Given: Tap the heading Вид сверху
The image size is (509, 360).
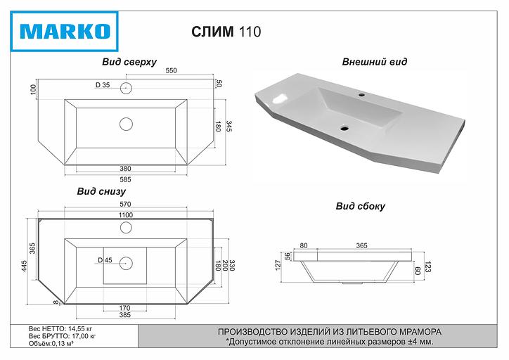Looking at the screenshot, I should [x=129, y=62].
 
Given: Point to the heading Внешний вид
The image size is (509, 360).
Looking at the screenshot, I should [x=374, y=62].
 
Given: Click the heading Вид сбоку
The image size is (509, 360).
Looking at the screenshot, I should [x=360, y=207].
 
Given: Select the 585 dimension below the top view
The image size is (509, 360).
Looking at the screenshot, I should [x=125, y=179].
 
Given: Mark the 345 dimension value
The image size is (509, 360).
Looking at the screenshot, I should [x=229, y=127].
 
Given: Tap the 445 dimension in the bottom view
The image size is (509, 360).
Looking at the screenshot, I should [x=24, y=266].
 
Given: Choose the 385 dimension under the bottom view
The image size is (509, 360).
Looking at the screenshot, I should [x=125, y=314].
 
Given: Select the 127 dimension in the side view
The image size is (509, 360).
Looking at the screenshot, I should [x=278, y=264].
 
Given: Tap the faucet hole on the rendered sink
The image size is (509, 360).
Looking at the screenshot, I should [x=363, y=94].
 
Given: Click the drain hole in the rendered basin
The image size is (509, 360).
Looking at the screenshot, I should [x=344, y=128].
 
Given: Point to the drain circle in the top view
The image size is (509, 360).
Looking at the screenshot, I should [x=126, y=124].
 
